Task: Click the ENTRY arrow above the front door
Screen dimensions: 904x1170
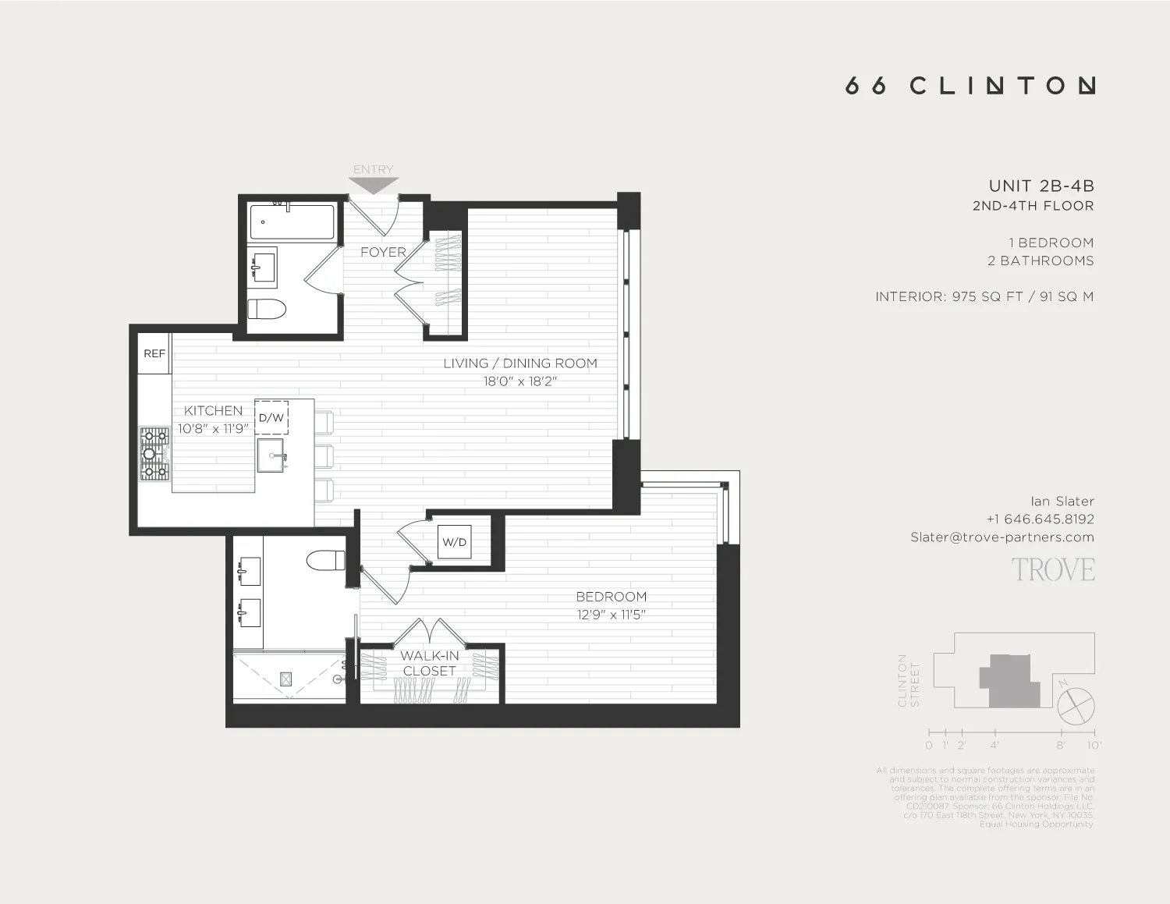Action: coord(373,185)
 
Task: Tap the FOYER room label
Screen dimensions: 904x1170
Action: coord(383,252)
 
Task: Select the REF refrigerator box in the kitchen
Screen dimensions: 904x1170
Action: coord(154,353)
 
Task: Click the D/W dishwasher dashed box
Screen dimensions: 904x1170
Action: coord(271,417)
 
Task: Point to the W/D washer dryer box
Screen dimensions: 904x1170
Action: coord(454,542)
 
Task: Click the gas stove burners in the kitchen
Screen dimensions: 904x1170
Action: coord(154,453)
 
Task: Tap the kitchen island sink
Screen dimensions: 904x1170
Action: coord(271,456)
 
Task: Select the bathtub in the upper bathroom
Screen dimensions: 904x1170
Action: coord(292,222)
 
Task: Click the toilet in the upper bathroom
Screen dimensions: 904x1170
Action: coord(267,309)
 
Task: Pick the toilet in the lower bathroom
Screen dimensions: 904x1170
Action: coord(326,560)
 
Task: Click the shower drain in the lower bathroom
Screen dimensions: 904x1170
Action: coord(285,679)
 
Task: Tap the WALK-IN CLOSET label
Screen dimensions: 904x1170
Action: coord(429,663)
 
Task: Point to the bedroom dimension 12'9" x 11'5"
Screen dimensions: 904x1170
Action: coord(611,615)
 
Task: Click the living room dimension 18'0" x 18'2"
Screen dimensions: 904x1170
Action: coord(519,381)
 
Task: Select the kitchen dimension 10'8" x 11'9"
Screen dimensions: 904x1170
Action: coord(213,428)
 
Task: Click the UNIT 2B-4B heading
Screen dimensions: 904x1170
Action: coord(1041,186)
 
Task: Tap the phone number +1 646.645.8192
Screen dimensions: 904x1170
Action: coord(1040,519)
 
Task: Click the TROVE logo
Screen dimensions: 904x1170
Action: coord(1053,570)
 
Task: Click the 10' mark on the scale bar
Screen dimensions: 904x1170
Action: coord(1094,745)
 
